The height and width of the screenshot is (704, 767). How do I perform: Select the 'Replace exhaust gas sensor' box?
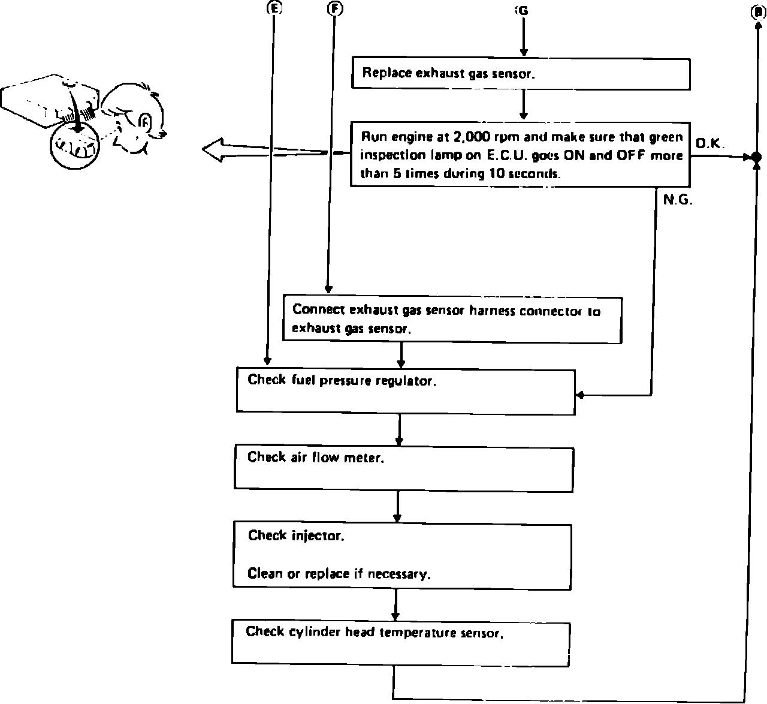(x=520, y=74)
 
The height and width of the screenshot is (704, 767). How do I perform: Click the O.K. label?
(x=711, y=143)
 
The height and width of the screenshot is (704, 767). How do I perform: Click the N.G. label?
(x=678, y=201)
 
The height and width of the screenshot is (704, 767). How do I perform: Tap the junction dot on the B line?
(x=756, y=157)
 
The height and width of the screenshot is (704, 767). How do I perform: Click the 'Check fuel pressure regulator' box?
(x=406, y=391)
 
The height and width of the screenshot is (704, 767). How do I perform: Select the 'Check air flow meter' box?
(x=403, y=468)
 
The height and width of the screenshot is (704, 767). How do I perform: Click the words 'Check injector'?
(x=296, y=535)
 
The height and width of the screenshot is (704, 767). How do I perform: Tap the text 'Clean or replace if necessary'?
(x=339, y=574)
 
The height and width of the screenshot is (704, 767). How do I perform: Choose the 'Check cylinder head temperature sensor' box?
(x=400, y=643)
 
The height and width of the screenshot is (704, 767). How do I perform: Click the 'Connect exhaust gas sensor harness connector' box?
(x=452, y=319)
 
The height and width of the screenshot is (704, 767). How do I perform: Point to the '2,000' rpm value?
(x=470, y=137)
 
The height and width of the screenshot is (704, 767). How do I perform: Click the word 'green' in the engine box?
(x=666, y=137)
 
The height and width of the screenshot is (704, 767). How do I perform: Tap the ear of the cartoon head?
(x=144, y=123)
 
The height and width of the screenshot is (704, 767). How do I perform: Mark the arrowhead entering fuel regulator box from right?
(x=579, y=395)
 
